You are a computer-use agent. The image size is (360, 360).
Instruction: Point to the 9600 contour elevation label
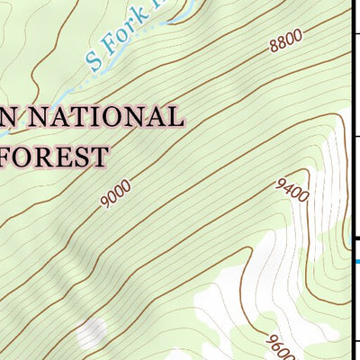274,345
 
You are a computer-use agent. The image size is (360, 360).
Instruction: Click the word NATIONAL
111,117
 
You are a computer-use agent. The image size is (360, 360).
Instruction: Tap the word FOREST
54,157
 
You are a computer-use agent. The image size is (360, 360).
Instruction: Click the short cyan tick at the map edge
356,262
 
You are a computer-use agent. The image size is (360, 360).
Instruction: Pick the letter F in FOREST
9,157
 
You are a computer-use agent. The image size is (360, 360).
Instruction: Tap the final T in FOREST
99,157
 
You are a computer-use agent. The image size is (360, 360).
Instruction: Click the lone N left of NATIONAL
9,117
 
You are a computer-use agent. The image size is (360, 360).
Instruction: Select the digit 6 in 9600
272,343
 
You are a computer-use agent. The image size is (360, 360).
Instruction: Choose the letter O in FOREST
28,157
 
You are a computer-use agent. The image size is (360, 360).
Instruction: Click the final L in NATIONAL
175,117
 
